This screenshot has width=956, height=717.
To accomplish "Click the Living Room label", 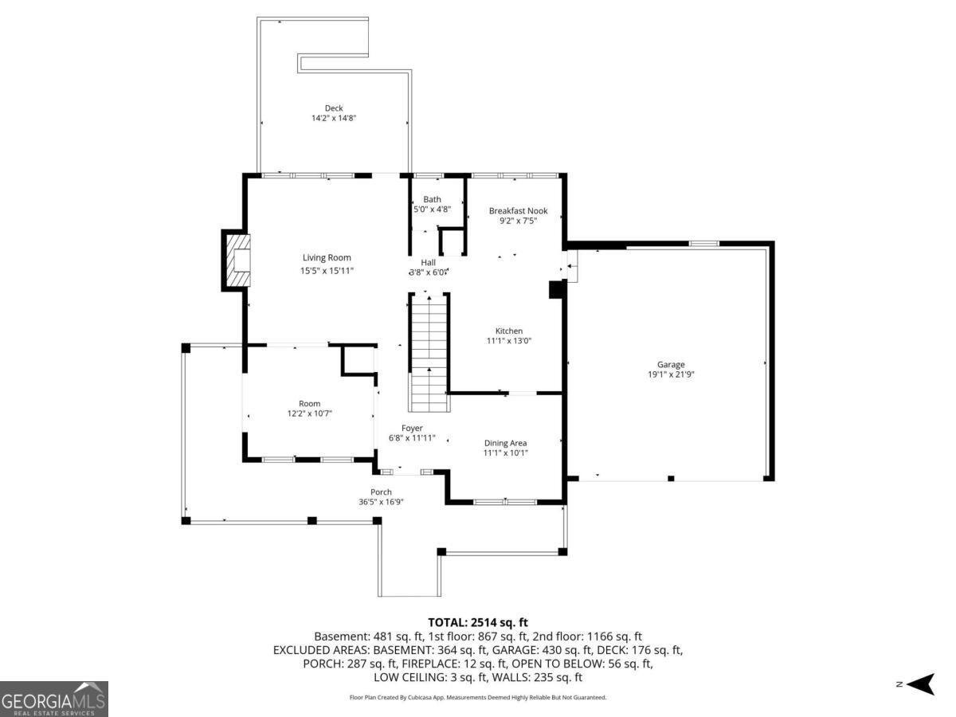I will [327, 257].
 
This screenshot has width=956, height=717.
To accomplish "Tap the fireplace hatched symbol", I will [237, 261].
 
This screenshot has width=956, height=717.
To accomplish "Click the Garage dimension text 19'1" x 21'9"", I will [671, 374].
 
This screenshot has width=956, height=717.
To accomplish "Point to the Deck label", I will [333, 108].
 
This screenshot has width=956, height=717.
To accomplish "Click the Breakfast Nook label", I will [518, 211].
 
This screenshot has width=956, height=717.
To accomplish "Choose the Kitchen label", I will [509, 331].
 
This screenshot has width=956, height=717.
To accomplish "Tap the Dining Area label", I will [505, 443].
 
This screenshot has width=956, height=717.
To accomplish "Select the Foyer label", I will [412, 428].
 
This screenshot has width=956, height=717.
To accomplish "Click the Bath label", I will [432, 199].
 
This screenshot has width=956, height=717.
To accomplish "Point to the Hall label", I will [429, 262].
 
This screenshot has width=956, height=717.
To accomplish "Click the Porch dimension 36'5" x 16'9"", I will [381, 502].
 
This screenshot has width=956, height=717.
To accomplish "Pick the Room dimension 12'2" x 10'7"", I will [309, 413].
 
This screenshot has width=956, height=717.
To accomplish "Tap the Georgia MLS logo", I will [53, 699].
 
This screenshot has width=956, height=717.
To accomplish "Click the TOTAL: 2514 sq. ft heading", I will [478, 622].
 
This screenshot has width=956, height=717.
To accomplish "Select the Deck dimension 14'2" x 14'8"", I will [333, 118].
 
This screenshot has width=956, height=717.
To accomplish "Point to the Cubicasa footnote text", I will [478, 697].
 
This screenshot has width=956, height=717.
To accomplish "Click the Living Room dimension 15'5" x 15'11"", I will [327, 271].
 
